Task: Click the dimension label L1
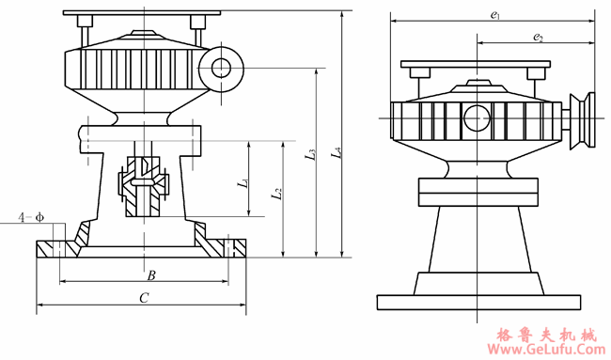pyautogui.click(x=243, y=182)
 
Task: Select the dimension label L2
pyautogui.click(x=276, y=194)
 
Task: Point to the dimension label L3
pyautogui.click(x=310, y=154)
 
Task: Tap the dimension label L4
pyautogui.click(x=337, y=152)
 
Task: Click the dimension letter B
pyautogui.click(x=151, y=275)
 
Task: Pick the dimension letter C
pyautogui.click(x=144, y=298)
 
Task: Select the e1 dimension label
pyautogui.click(x=495, y=15)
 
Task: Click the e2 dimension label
pyautogui.click(x=538, y=37)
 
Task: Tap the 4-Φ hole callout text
pyautogui.click(x=31, y=217)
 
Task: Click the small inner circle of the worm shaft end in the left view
pyautogui.click(x=221, y=69)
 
